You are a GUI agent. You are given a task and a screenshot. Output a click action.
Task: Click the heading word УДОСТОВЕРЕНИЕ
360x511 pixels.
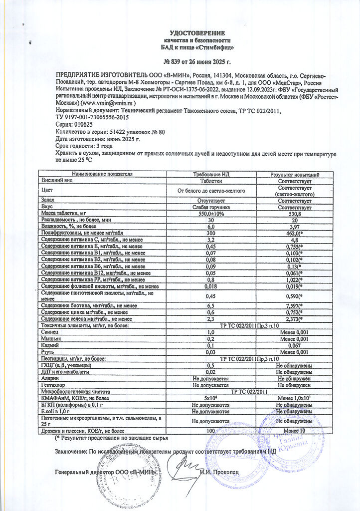pyautogui.click(x=197, y=33)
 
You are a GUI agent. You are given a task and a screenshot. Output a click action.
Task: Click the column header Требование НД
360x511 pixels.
pyautogui.click(x=210, y=174)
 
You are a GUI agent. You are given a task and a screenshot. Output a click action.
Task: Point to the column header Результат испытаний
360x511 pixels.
pyautogui.click(x=294, y=174)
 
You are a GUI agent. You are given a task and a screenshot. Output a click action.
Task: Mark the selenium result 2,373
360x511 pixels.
pyautogui.click(x=293, y=318)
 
